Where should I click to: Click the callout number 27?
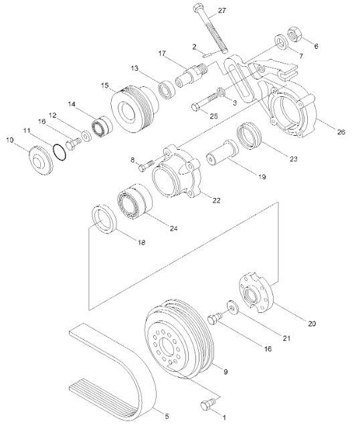tap(221, 11)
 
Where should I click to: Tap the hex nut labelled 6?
tap(295, 34)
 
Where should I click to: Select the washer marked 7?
tap(281, 42)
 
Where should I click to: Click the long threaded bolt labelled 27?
tap(211, 28)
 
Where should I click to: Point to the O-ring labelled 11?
tap(60, 152)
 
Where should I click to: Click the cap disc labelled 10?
tap(41, 160)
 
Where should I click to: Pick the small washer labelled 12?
tap(86, 136)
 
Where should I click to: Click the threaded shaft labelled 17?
tap(191, 76)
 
